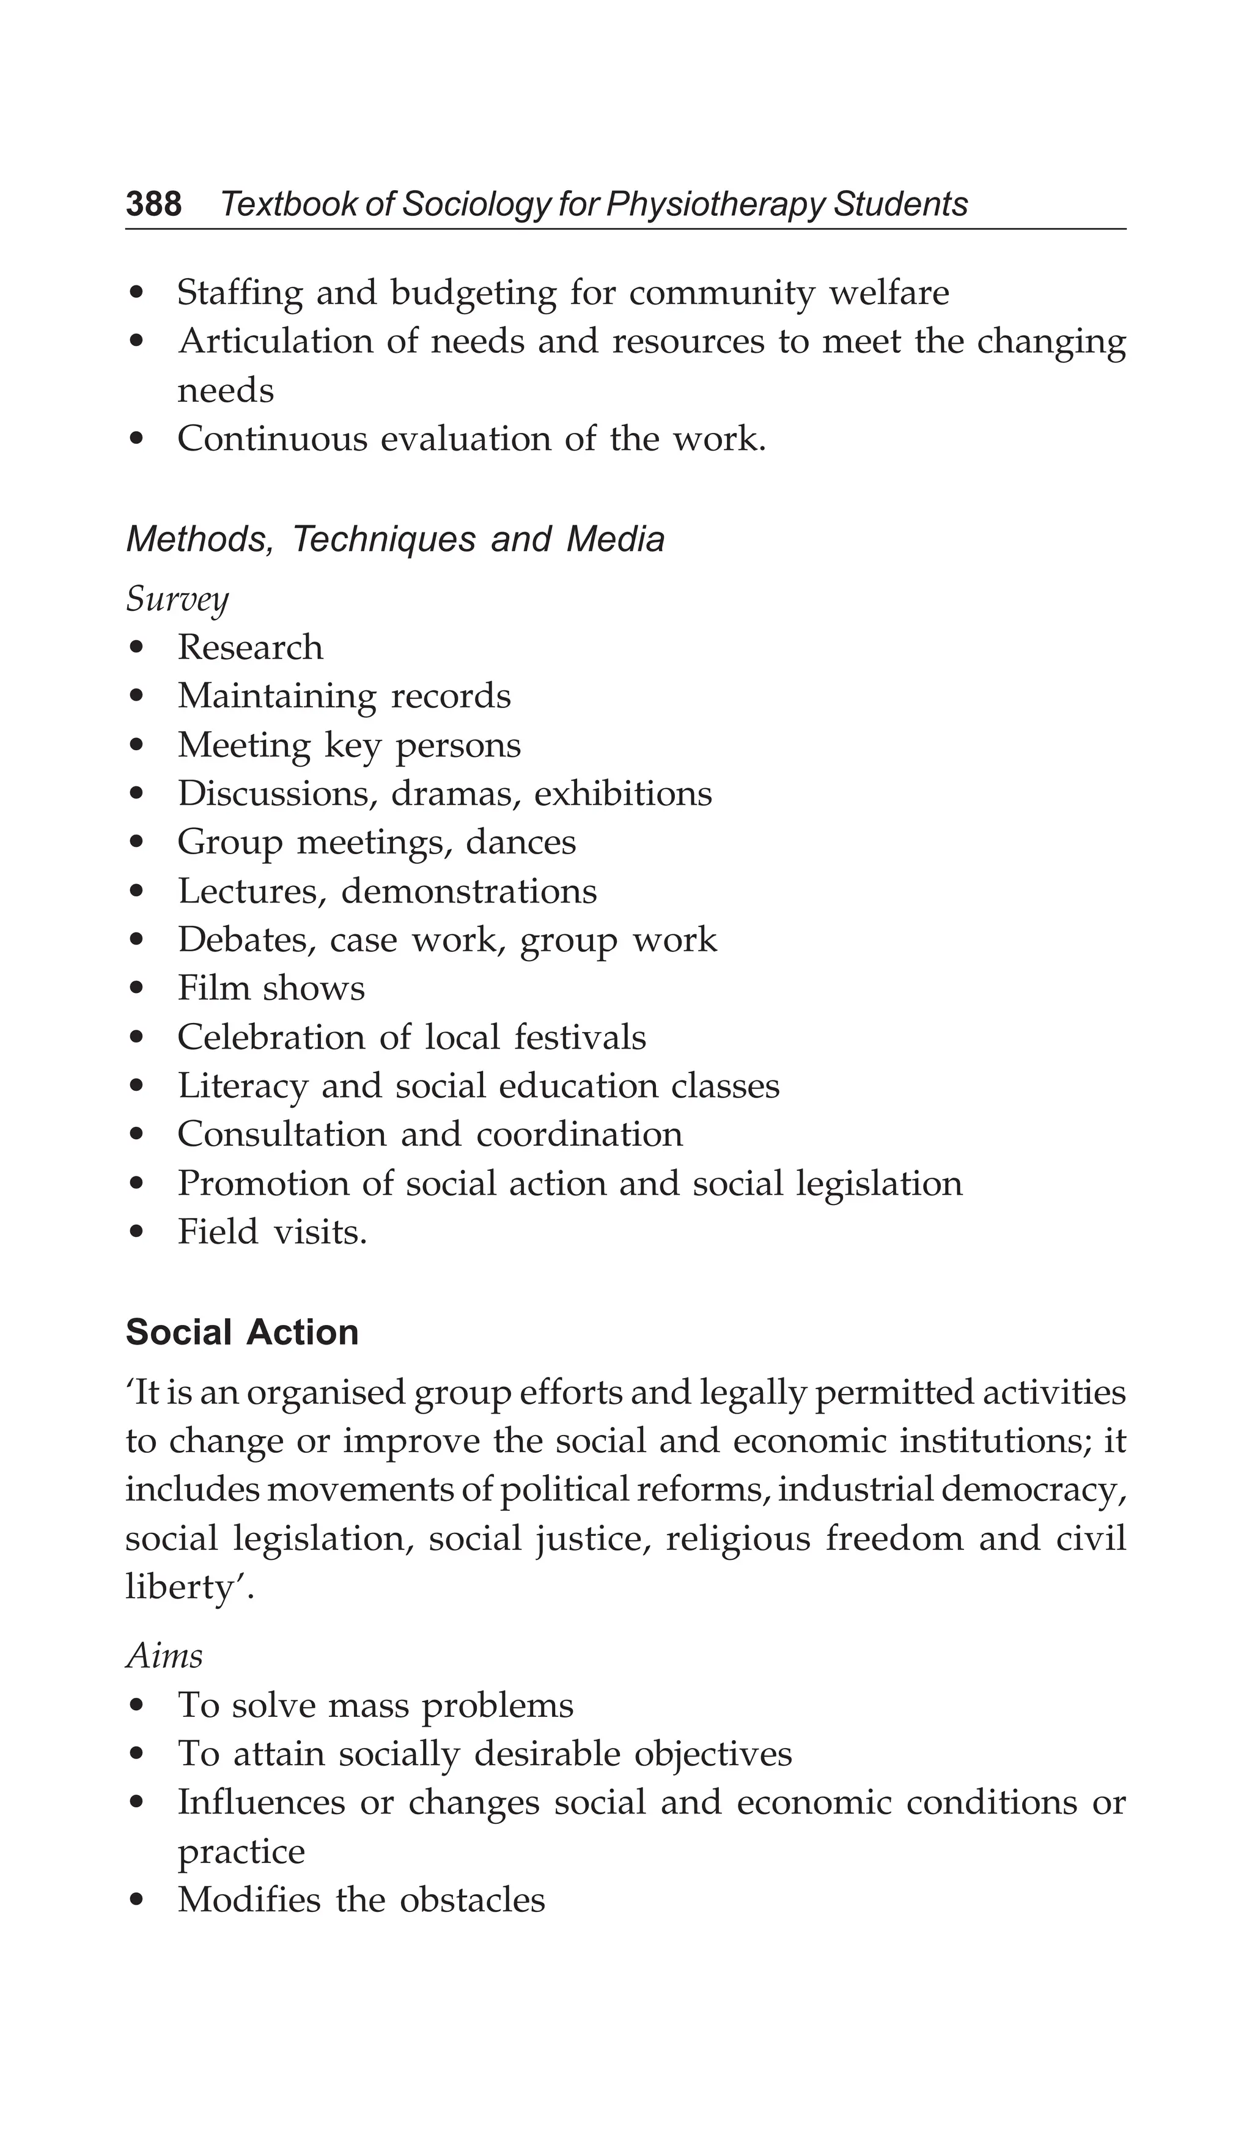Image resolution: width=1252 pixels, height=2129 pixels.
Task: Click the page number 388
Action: [x=154, y=204]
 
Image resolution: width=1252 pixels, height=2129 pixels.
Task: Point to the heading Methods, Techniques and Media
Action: [x=394, y=539]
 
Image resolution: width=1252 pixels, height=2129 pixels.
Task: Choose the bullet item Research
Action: [x=250, y=648]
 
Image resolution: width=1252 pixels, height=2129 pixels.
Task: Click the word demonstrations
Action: [x=469, y=891]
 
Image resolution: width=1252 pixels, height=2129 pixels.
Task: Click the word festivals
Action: [x=580, y=1038]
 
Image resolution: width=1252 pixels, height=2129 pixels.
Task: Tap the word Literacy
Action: [x=241, y=1087]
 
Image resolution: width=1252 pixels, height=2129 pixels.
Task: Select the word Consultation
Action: [x=281, y=1135]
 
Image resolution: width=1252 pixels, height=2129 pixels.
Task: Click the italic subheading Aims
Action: [x=164, y=1655]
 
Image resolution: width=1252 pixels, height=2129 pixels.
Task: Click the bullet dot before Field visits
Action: [x=138, y=1233]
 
